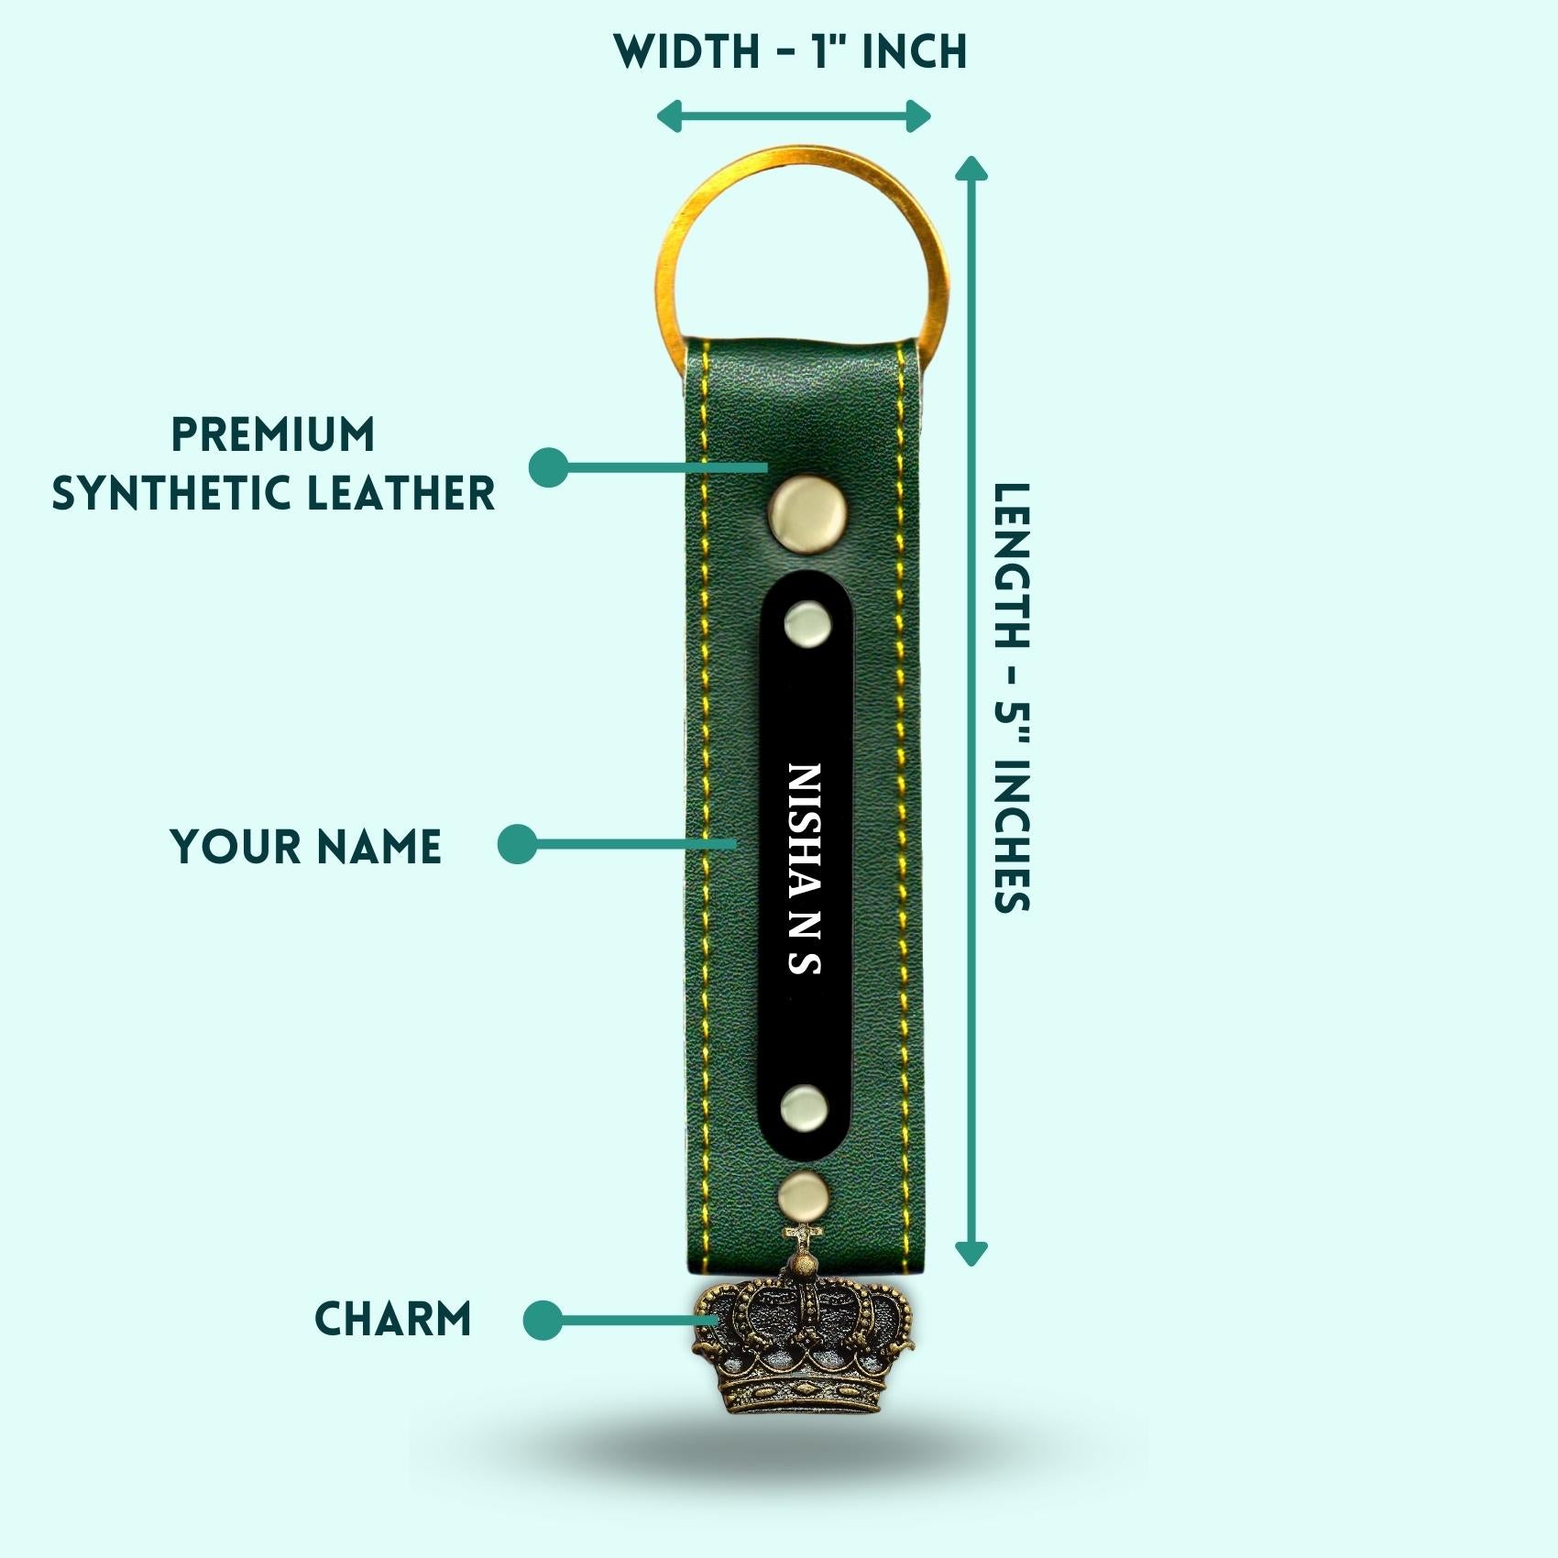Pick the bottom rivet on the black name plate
tap(805, 1105)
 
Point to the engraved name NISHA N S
tap(805, 868)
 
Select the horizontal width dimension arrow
tap(794, 116)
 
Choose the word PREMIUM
tap(273, 434)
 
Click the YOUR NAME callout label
tap(306, 846)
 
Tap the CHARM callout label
tap(393, 1320)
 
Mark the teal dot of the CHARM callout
tap(542, 1321)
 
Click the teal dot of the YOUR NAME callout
tap(517, 844)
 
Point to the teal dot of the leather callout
tap(548, 467)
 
